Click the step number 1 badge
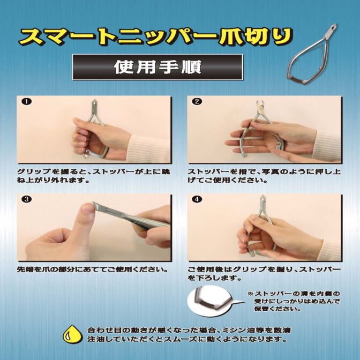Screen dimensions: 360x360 (x=27, y=102)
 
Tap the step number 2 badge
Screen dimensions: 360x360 (x=198, y=101)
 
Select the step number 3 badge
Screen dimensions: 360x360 (x=27, y=199)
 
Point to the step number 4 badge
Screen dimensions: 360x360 (x=198, y=199)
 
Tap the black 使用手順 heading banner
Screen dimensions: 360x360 (x=157, y=67)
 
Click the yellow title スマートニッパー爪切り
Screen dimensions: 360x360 (x=156, y=37)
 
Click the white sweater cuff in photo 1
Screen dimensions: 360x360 (x=149, y=148)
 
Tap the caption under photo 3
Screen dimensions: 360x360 (x=92, y=269)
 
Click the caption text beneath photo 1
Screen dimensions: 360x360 (x=94, y=176)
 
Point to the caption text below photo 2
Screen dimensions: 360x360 (x=264, y=176)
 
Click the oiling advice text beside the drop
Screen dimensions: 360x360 (x=189, y=335)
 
